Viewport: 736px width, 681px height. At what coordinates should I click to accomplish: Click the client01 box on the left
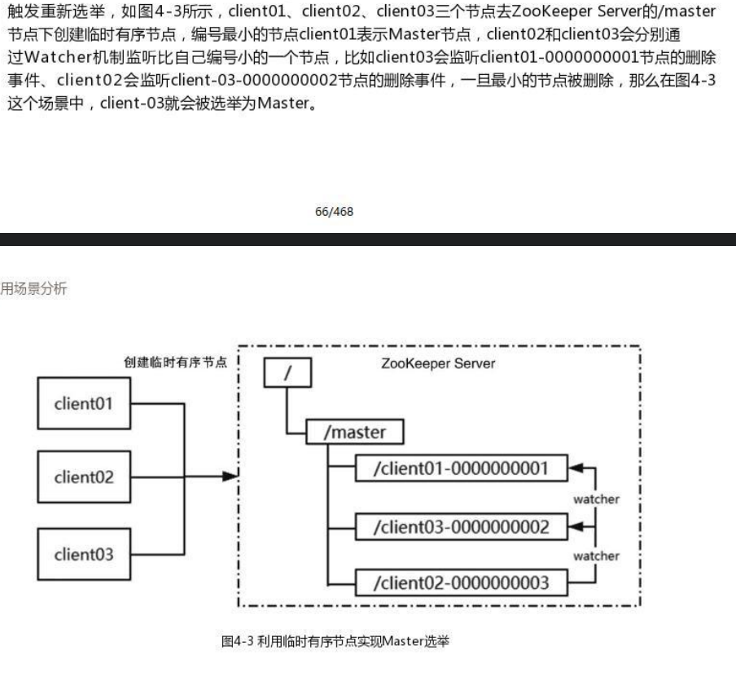(83, 405)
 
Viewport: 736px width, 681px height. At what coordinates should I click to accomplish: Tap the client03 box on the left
(83, 556)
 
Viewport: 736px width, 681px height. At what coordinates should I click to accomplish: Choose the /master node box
(353, 433)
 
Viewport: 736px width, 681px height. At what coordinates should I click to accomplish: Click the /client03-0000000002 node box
(460, 527)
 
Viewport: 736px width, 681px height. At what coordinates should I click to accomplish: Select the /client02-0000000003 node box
(460, 583)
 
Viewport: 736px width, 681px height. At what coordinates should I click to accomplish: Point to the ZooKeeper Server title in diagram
(438, 363)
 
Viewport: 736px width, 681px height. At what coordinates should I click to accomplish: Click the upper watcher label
(596, 499)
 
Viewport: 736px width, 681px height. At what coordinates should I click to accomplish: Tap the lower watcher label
(596, 556)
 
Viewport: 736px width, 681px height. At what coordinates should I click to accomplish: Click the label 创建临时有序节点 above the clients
(175, 362)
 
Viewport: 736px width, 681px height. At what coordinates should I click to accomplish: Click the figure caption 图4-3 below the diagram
(335, 641)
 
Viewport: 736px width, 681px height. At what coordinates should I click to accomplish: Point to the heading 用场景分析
(34, 290)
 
